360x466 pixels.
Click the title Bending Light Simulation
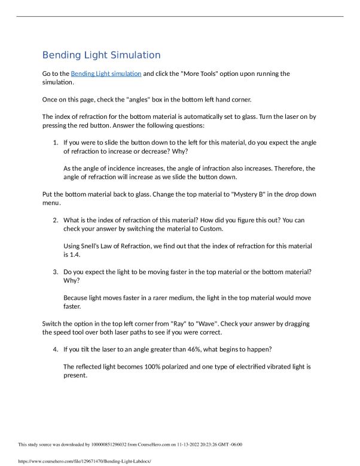tap(102, 55)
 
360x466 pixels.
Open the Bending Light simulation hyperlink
tap(106, 73)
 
